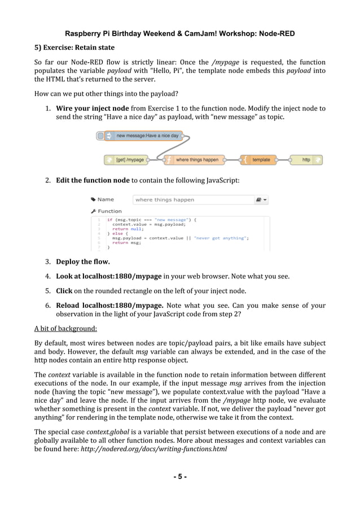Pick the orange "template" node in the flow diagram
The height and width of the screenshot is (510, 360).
(x=259, y=160)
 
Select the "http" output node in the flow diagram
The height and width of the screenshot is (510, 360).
(x=306, y=160)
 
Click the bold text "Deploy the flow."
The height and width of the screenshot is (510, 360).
(x=82, y=262)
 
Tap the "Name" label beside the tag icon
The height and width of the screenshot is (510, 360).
(x=105, y=199)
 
